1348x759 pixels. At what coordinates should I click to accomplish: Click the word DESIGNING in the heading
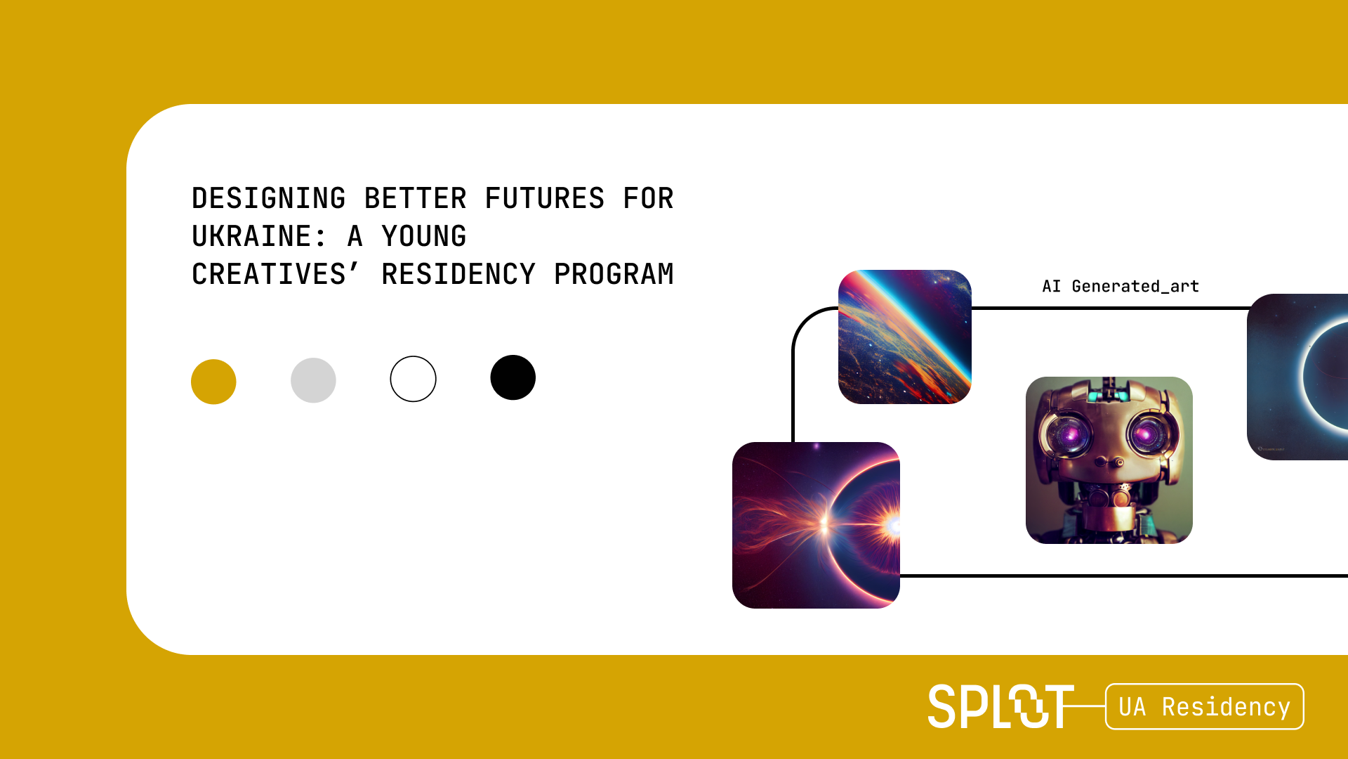click(x=269, y=199)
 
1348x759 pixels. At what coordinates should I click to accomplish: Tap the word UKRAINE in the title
click(x=251, y=237)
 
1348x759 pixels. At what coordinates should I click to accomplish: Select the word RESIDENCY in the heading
click(x=458, y=275)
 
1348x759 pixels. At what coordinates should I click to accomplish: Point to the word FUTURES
click(x=545, y=199)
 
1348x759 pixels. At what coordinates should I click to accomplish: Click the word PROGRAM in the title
click(x=614, y=275)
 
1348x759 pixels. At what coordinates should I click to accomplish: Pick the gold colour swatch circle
click(x=213, y=382)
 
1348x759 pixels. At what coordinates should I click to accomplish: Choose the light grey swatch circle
click(x=313, y=380)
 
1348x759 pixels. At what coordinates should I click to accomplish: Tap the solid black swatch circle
click(x=513, y=377)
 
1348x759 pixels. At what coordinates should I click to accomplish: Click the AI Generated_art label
click(x=1121, y=287)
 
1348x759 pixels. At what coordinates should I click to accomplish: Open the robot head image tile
click(x=1109, y=460)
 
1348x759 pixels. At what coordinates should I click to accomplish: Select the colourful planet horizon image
click(x=905, y=337)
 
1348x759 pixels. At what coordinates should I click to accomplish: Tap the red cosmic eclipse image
click(x=816, y=525)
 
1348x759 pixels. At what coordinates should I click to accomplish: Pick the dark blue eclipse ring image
click(x=1297, y=377)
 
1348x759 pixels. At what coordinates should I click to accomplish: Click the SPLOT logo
click(x=1001, y=706)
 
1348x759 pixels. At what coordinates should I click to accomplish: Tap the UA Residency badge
click(x=1205, y=706)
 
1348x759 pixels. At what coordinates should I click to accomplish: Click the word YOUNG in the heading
click(x=424, y=237)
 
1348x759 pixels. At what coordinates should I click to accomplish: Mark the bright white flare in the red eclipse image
click(x=892, y=524)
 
